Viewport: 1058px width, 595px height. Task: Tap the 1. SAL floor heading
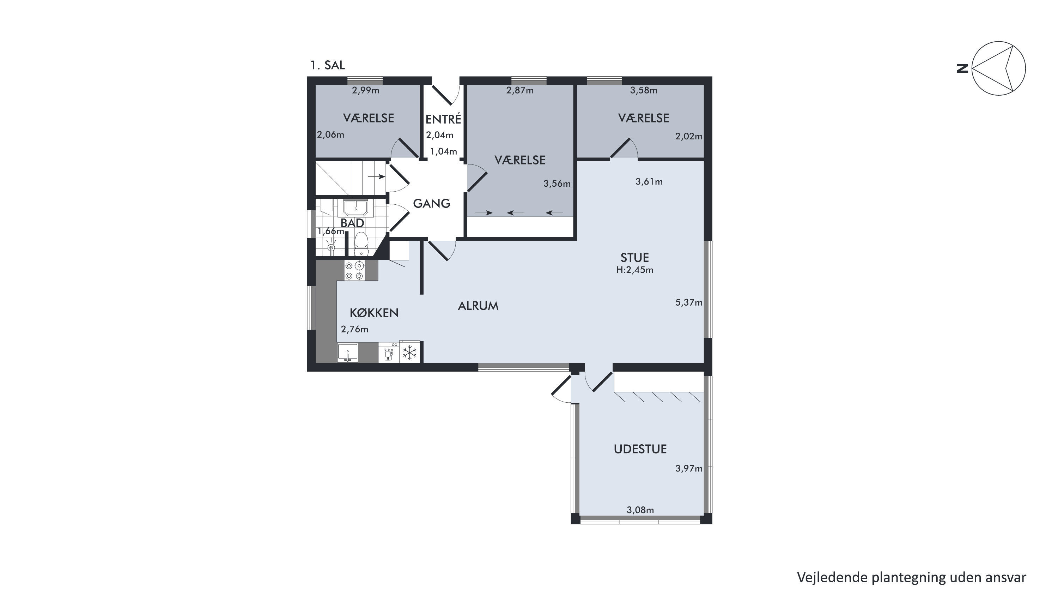(327, 65)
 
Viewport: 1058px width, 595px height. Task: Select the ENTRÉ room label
(443, 119)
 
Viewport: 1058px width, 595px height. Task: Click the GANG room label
(431, 203)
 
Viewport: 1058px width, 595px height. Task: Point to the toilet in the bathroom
(361, 245)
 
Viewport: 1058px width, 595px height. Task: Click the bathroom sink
(355, 208)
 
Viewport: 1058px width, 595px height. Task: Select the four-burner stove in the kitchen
(354, 271)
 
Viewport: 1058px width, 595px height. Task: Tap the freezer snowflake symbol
(409, 353)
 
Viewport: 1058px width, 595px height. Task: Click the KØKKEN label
(374, 313)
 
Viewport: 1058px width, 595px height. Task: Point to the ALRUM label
(478, 306)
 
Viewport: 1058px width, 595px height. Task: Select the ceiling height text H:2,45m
(634, 270)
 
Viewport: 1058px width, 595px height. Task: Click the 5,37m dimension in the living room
(689, 302)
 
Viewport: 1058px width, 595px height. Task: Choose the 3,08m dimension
(640, 510)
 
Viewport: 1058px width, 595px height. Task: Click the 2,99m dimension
(365, 90)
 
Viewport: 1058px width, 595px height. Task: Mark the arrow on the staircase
(377, 177)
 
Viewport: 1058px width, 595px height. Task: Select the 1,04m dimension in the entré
(444, 151)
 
